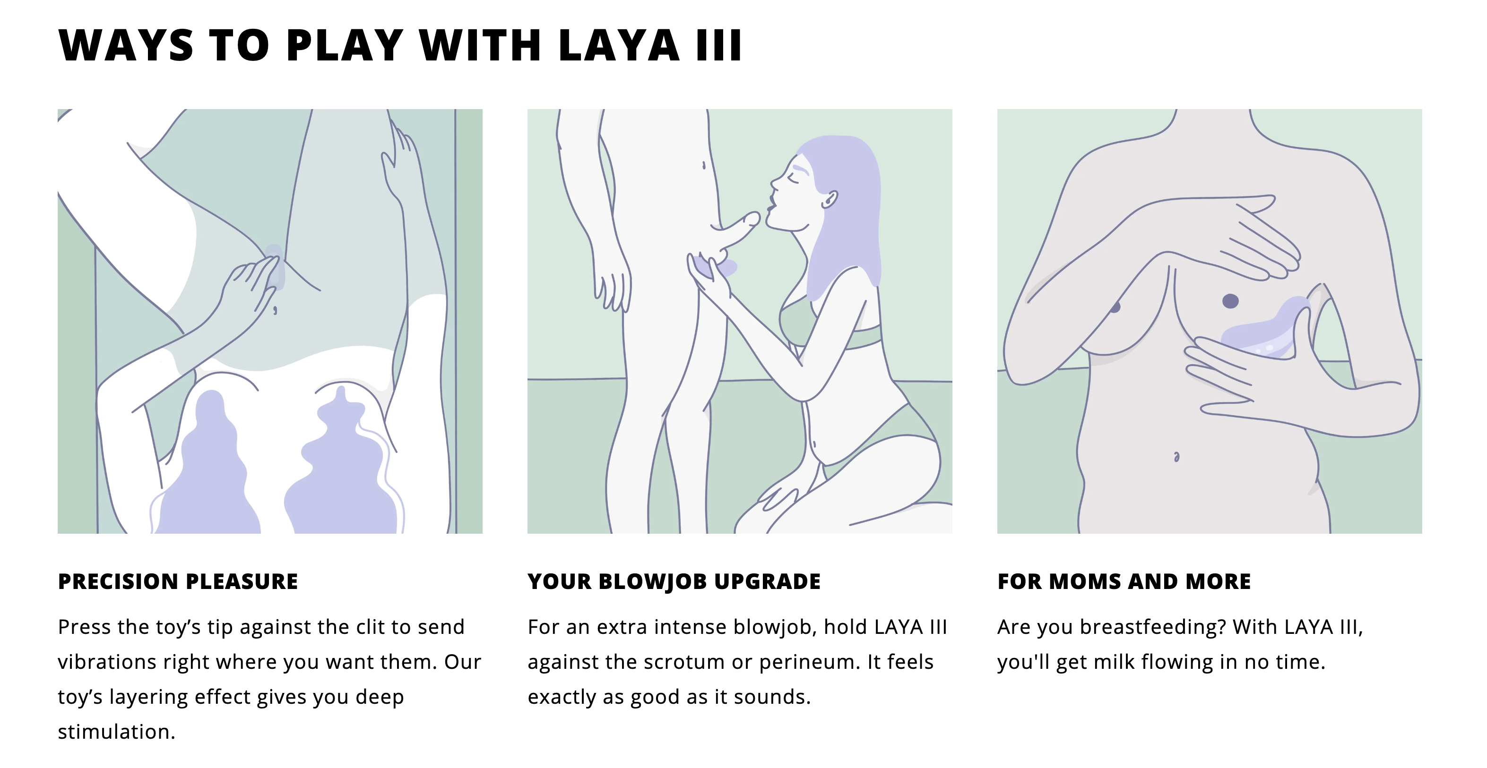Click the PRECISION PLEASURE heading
pos(178,581)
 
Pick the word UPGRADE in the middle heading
pos(767,581)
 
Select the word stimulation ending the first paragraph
pos(116,732)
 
